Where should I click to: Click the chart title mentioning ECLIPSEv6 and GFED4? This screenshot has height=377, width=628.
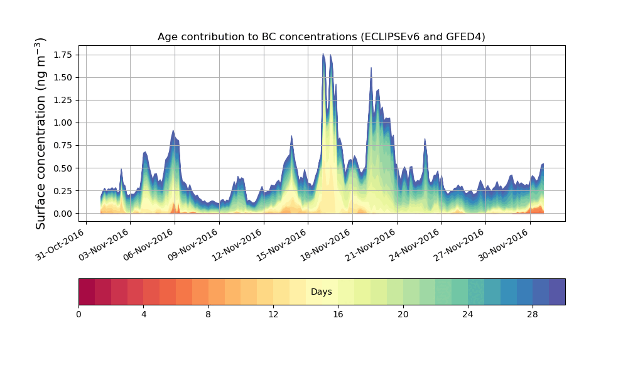[321, 37]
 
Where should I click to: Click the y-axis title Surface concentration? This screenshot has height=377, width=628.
[41, 133]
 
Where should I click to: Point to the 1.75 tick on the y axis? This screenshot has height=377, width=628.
[62, 55]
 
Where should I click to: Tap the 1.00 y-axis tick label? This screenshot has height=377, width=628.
[62, 123]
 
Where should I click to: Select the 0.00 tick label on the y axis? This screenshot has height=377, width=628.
[62, 214]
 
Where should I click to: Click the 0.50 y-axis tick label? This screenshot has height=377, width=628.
[62, 168]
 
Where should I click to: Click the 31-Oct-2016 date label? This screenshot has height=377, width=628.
[60, 245]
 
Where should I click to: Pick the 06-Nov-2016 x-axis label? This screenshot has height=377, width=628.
[149, 245]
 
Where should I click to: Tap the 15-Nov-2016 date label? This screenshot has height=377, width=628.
[282, 245]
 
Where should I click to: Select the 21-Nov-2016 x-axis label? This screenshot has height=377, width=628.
[371, 245]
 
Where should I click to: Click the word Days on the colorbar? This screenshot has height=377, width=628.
[321, 292]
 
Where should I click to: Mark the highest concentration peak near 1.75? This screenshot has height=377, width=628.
[323, 54]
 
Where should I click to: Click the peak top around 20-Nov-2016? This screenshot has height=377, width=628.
[371, 68]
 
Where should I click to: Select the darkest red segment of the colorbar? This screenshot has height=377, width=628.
[87, 292]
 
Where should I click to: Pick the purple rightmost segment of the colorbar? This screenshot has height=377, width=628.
[557, 292]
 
